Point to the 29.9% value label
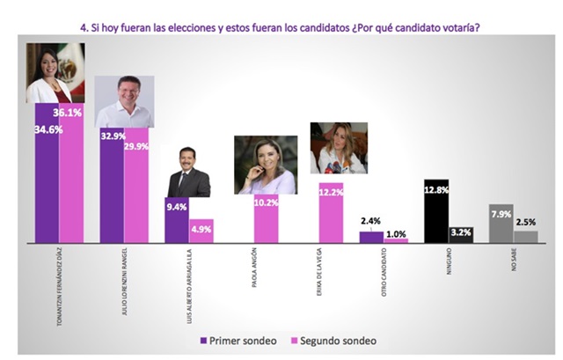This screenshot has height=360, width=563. click(x=136, y=146)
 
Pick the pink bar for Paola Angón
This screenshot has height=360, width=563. click(x=267, y=224)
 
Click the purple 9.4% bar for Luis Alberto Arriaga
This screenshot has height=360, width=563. click(x=177, y=220)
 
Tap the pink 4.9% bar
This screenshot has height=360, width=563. click(x=201, y=231)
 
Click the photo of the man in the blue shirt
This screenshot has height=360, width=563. click(x=124, y=101)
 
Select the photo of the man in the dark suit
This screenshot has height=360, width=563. click(x=188, y=172)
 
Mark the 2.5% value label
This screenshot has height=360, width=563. click(x=524, y=221)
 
